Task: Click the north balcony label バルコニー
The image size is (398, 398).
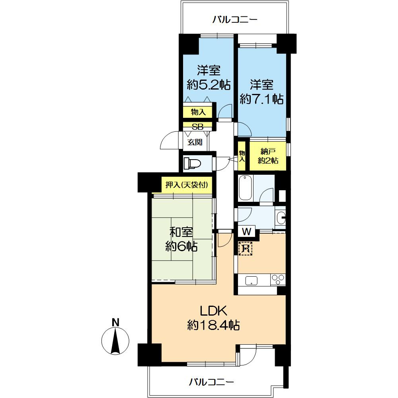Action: coord(235,20)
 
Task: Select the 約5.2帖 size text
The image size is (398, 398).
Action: coord(209,85)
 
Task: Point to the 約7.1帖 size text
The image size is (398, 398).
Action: coord(262,99)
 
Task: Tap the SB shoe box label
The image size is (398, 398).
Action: coord(197,127)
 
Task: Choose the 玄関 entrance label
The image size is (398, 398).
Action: coord(195,142)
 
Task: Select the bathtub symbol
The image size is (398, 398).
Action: coord(246,188)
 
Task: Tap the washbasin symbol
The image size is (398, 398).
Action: coord(281,218)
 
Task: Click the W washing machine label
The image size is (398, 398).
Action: coord(246,232)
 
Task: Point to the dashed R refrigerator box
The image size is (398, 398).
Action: coord(246,248)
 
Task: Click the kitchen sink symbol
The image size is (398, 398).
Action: coord(251,281)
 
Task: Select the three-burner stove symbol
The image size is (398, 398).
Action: coord(278,280)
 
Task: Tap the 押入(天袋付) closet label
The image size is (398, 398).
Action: coord(187,185)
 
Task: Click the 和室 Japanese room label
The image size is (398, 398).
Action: coord(181,232)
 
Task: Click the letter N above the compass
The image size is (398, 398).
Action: coord(115,322)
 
